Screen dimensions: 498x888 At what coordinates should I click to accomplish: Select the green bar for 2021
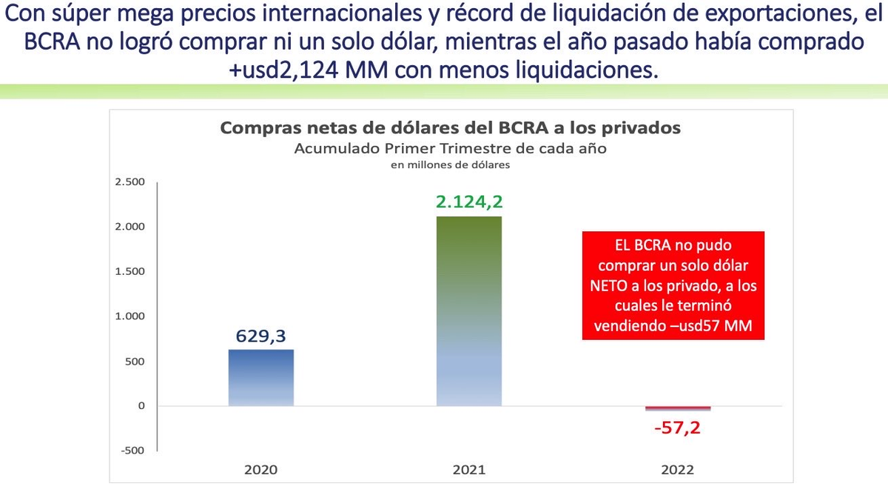[x=469, y=311]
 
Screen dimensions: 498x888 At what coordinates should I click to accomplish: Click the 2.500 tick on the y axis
[x=130, y=182]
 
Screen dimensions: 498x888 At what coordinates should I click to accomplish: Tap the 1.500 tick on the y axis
[x=130, y=271]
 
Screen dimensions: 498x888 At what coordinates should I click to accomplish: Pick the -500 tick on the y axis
[x=133, y=451]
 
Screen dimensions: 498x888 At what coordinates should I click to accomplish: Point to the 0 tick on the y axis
[x=141, y=406]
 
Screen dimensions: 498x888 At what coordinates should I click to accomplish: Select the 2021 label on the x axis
[x=469, y=470]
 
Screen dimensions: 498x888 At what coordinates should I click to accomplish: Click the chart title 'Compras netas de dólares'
[x=450, y=128]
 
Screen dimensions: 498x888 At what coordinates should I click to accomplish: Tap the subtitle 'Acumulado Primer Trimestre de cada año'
[x=450, y=148]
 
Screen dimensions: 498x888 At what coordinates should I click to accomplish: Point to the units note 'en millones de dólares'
[x=450, y=165]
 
